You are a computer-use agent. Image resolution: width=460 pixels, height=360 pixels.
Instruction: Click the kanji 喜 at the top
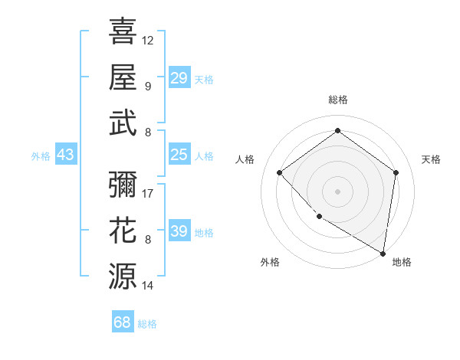123,31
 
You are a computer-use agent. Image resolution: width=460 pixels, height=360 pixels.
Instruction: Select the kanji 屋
123,77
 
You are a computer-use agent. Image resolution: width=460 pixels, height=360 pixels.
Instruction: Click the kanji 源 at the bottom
123,275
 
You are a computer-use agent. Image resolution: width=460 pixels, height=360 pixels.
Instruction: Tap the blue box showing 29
179,78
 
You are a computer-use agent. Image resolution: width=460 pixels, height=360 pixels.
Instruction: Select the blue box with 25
179,155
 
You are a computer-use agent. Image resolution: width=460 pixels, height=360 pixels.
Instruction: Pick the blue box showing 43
66,155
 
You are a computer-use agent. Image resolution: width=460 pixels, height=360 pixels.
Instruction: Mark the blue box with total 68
123,322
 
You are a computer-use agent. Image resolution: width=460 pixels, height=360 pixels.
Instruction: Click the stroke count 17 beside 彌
148,193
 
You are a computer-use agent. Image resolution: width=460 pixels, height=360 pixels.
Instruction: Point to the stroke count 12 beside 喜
148,40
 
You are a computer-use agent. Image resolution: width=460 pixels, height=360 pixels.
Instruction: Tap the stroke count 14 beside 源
148,285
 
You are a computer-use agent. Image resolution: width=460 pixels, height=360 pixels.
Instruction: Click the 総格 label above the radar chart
337,100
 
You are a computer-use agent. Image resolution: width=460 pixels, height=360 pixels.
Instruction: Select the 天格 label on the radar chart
431,159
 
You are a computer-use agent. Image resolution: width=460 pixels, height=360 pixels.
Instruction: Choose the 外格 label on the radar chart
270,262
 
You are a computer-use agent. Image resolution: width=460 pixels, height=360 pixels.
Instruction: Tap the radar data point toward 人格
280,173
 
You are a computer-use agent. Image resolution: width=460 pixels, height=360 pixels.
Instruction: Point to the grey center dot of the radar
337,191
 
